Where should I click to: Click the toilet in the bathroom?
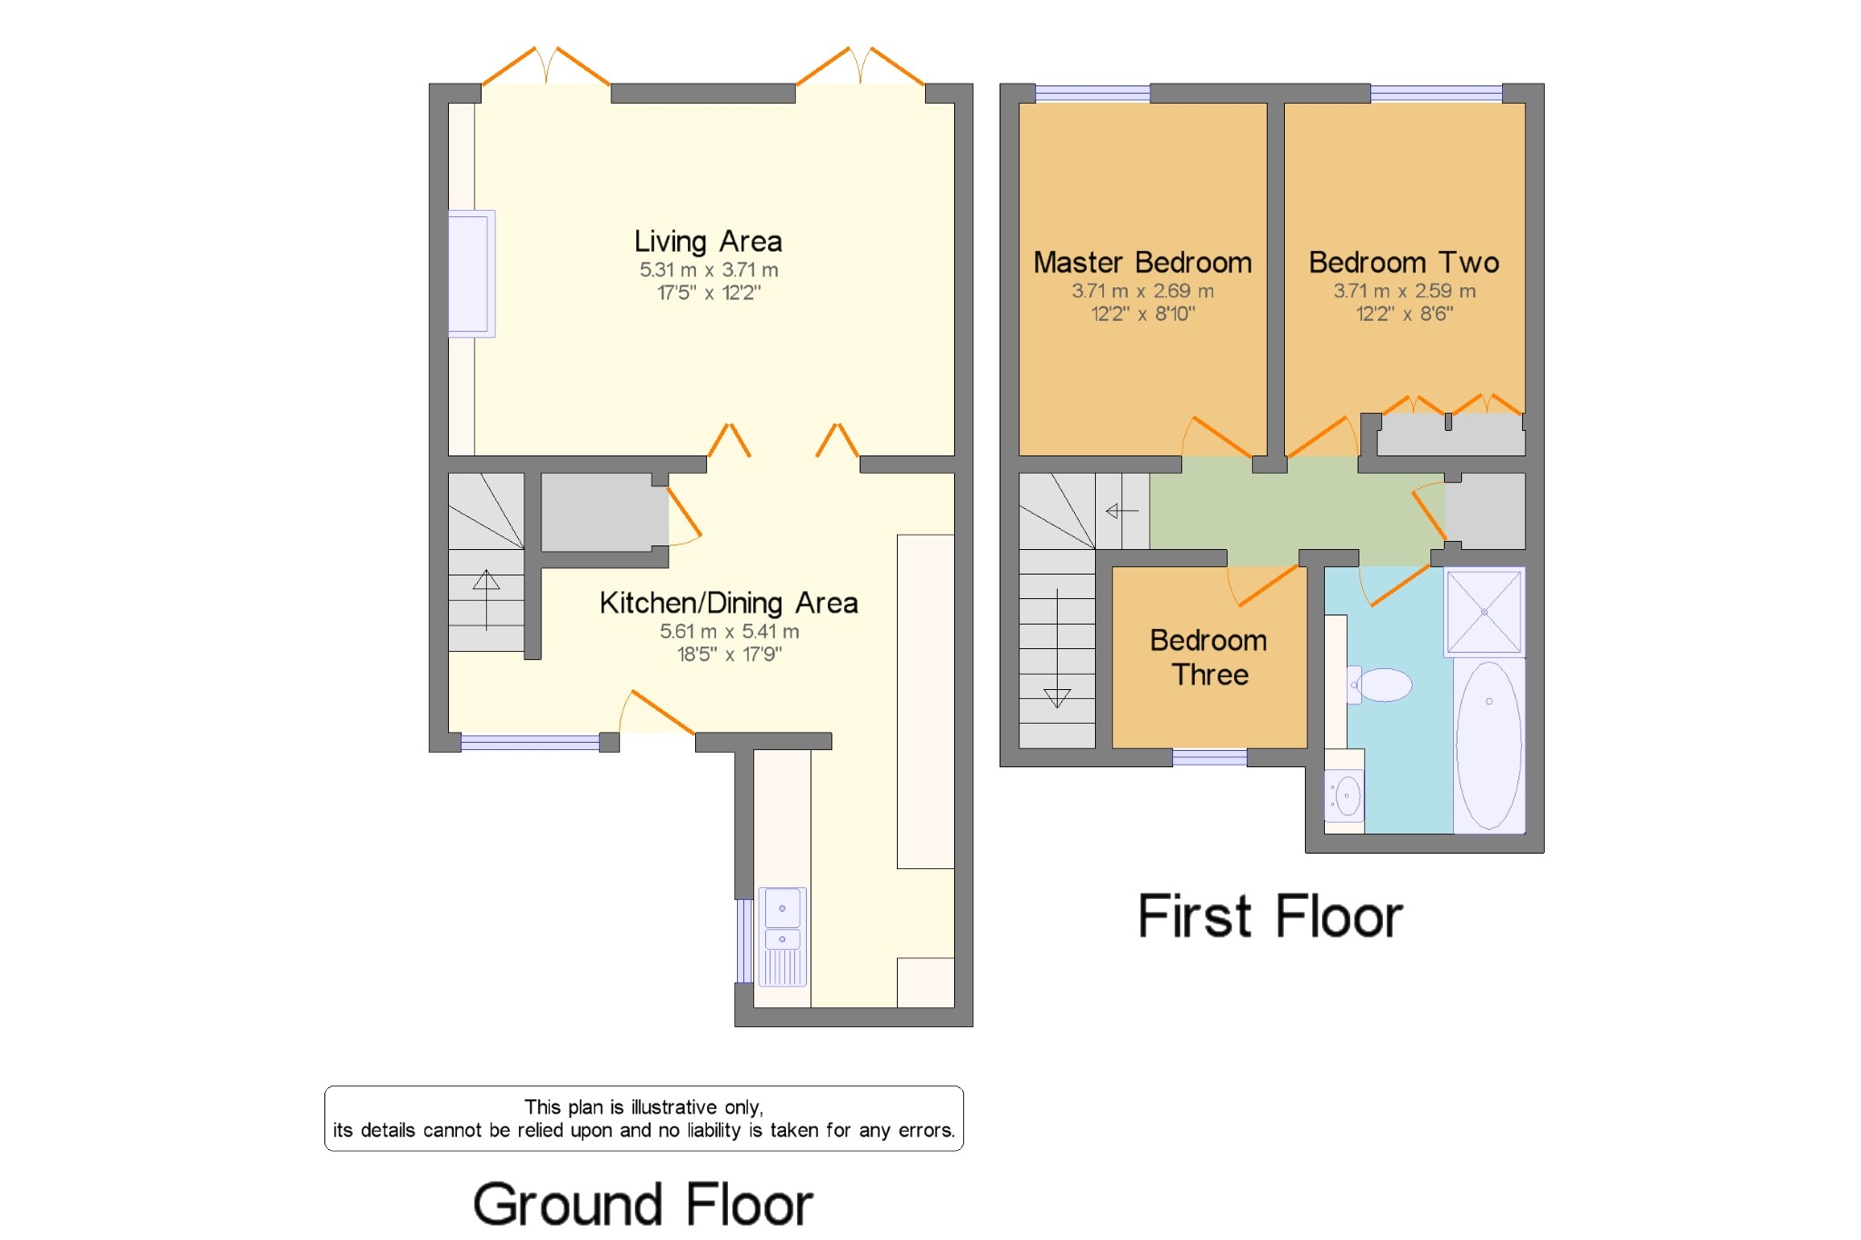pos(1379,685)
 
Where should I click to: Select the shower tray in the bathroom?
pos(1484,612)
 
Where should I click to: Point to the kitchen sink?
pos(782,936)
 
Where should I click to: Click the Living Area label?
pos(708,242)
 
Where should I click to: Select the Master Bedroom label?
pos(1142,263)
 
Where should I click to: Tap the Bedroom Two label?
pos(1404,263)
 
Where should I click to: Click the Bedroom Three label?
pos(1209,657)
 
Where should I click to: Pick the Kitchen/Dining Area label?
pos(729,603)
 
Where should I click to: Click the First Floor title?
pos(1270,915)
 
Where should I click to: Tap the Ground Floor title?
pos(642,1205)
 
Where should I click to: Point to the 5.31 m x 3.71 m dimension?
pos(709,270)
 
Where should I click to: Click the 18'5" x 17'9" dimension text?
pos(729,655)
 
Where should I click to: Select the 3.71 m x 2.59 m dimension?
pos(1404,291)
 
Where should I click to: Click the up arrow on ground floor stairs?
pos(486,600)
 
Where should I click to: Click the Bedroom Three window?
pos(1209,757)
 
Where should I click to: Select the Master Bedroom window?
pos(1092,93)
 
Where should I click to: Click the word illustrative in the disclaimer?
pos(673,1107)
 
